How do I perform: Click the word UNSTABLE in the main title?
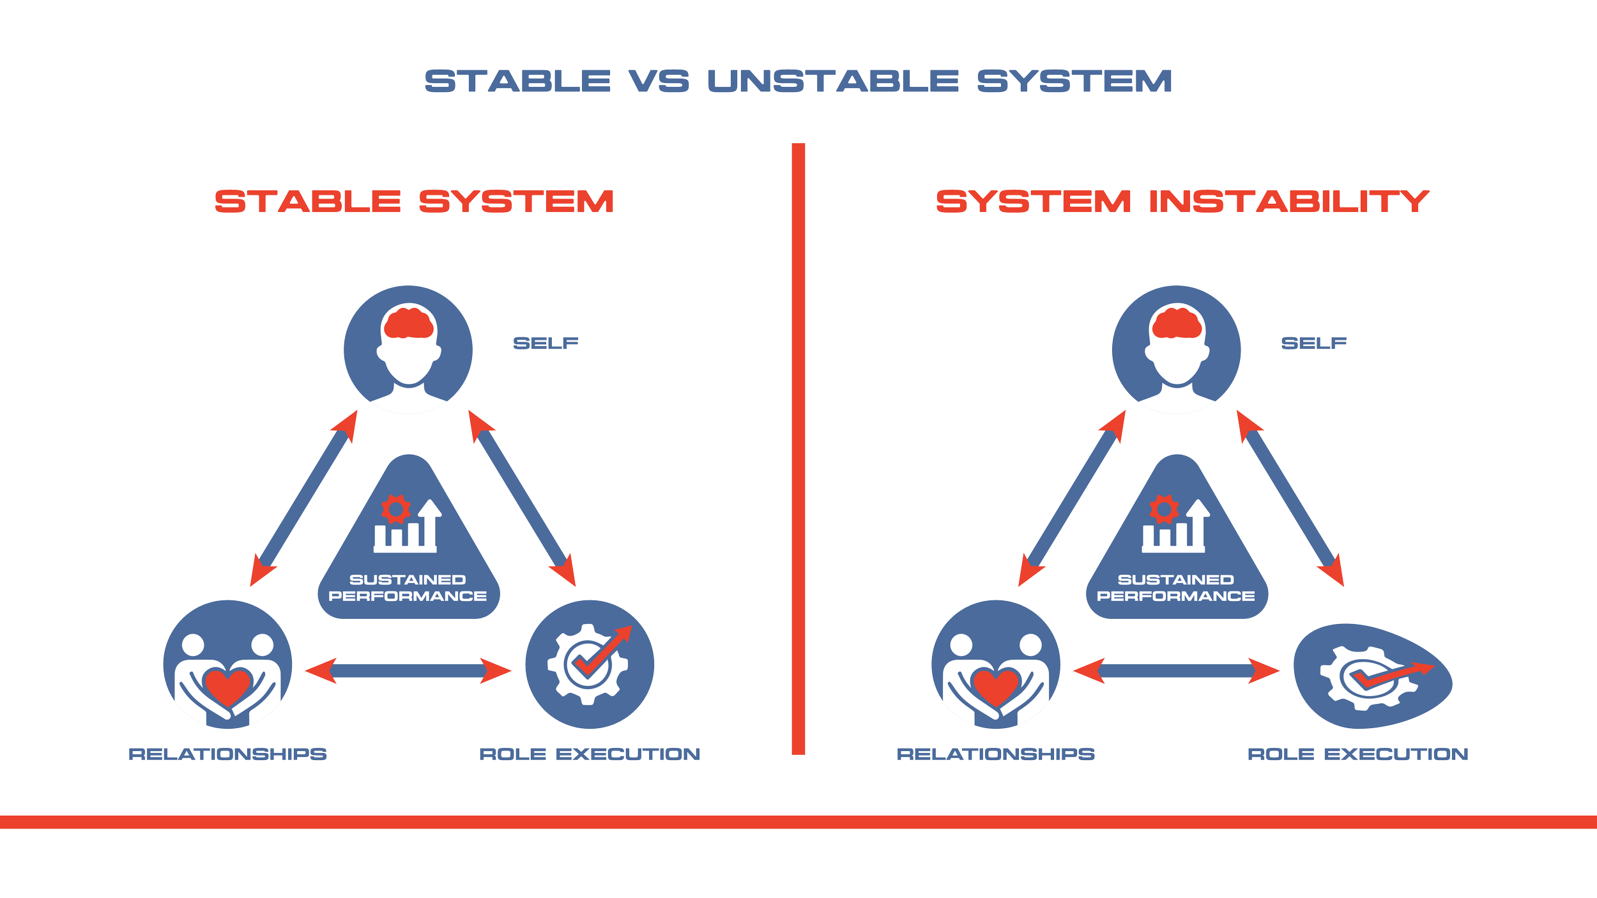point(833,82)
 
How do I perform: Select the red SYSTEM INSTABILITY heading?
point(1182,201)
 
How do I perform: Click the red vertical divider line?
point(798,447)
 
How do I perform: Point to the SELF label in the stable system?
point(546,344)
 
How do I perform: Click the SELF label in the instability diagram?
point(1313,344)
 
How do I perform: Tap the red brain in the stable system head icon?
point(409,323)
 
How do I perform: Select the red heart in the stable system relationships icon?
point(227,687)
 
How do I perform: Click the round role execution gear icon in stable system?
point(590,664)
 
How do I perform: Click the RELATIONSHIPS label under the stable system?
point(228,754)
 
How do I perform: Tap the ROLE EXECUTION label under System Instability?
point(1358,754)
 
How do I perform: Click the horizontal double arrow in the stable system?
point(408,671)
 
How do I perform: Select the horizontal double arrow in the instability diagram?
point(1176,671)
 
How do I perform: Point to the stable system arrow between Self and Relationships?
point(304,498)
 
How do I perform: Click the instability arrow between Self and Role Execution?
point(1290,498)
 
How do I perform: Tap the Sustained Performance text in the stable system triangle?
point(408,588)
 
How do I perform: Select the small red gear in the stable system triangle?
point(395,509)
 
